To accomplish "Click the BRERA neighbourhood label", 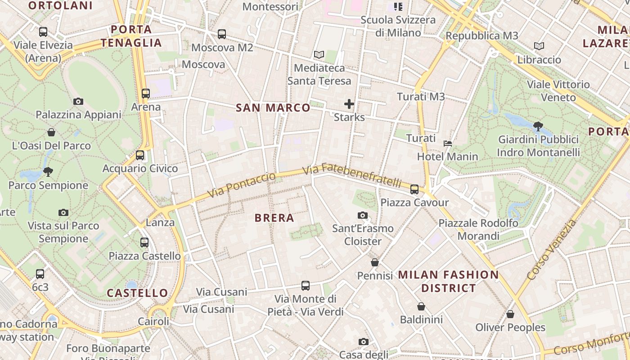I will (274, 218).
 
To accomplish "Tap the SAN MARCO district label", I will (273, 108).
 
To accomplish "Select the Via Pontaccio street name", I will (241, 185).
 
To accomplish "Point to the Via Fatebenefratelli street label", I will (352, 175).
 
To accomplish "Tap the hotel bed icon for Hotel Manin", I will (448, 144).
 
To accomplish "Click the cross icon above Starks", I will (349, 104).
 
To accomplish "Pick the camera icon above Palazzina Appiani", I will (78, 102).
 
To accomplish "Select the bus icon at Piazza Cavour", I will (414, 189).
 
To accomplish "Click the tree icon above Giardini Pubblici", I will (538, 126).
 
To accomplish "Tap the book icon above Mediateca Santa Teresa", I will (319, 55).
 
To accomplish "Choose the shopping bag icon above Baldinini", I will (421, 306).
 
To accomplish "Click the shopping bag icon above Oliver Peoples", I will (510, 314).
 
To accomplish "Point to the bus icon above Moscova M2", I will (222, 34).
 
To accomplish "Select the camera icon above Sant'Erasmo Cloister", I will (363, 216).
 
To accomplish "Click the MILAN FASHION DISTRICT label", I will (449, 281).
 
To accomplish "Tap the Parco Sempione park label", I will (48, 185).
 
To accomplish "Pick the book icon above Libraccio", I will (539, 46).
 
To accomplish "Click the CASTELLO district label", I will (137, 293).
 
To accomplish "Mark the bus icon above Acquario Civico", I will (140, 155).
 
